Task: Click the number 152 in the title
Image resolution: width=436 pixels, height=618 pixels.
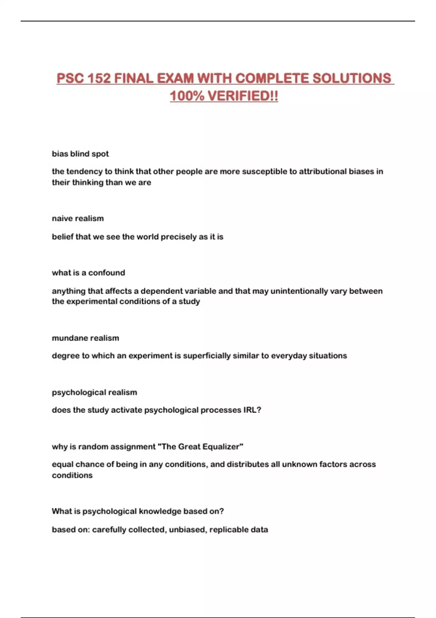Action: click(99, 78)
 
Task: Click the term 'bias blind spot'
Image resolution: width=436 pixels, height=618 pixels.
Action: click(80, 154)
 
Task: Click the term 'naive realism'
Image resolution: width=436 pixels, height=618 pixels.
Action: click(78, 218)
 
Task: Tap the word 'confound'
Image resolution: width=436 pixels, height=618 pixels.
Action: click(106, 273)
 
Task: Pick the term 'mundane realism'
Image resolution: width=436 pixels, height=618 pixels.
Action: click(85, 338)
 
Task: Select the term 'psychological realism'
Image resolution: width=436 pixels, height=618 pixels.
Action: click(94, 392)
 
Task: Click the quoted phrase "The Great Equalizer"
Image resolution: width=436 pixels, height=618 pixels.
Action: click(201, 446)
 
